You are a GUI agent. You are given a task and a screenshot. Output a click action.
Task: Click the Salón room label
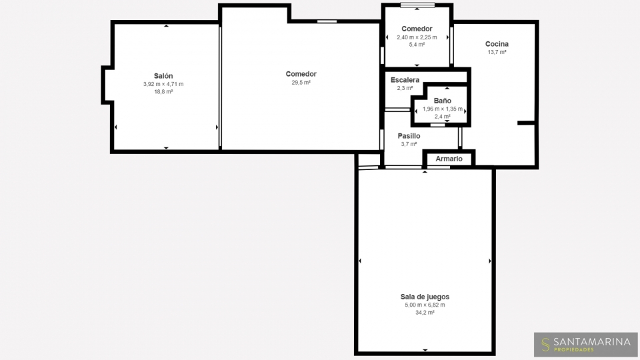point(163,76)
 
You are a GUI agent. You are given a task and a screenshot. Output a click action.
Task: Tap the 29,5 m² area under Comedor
point(301,83)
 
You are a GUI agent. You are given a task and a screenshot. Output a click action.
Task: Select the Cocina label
point(497,44)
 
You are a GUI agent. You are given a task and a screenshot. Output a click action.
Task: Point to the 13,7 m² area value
point(497,52)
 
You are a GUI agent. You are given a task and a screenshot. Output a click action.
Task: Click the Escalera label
point(405,80)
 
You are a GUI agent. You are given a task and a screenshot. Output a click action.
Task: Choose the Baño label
point(443,101)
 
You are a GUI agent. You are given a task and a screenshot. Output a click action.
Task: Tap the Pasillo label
point(409,136)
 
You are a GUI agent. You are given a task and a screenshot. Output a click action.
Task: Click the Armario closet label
point(449,159)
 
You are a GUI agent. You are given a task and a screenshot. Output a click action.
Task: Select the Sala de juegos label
point(425,297)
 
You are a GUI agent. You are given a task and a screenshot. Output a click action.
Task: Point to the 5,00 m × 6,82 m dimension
point(425,305)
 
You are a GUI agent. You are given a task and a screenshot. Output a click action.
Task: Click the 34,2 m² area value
point(425,313)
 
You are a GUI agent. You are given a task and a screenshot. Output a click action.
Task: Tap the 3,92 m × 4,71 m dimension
point(163,84)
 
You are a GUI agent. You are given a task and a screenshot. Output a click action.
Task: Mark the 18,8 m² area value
point(163,92)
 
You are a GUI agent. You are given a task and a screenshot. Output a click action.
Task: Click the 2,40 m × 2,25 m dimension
point(417,37)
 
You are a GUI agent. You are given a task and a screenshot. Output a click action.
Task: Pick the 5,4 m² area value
point(417,45)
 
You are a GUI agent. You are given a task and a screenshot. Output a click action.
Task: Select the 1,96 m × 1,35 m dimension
point(443,109)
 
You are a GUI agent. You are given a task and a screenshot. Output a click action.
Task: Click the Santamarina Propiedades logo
point(586,345)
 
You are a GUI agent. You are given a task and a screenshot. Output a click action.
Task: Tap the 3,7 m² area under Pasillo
point(409,144)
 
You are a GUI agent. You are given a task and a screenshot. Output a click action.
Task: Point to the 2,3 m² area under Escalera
point(405,88)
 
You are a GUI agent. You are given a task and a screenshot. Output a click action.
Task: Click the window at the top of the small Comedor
point(417,5)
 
